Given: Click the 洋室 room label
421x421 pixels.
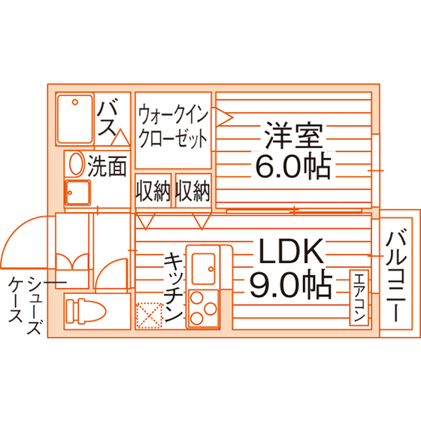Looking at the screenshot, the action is pyautogui.click(x=293, y=135).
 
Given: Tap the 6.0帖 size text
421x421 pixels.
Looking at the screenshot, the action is pyautogui.click(x=293, y=166).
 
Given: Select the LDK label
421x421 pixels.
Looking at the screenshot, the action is pyautogui.click(x=291, y=251).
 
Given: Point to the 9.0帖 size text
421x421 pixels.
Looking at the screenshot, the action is pyautogui.click(x=292, y=284).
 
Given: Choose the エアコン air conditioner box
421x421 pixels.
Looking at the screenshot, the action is pyautogui.click(x=359, y=298).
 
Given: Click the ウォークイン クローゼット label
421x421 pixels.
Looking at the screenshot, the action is pyautogui.click(x=173, y=126).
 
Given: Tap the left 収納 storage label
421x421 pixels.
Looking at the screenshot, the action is pyautogui.click(x=153, y=191).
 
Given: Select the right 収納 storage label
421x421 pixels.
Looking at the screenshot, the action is pyautogui.click(x=192, y=191).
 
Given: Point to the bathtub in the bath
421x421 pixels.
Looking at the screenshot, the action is pyautogui.click(x=75, y=119).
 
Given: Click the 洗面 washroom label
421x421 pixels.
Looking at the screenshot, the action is pyautogui.click(x=107, y=166).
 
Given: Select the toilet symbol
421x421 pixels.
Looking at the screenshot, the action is pyautogui.click(x=86, y=311).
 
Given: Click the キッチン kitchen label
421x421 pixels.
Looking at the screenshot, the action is pyautogui.click(x=173, y=287).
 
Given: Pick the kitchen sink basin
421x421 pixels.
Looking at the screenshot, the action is pyautogui.click(x=204, y=268).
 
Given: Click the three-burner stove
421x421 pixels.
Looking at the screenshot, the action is pyautogui.click(x=204, y=308).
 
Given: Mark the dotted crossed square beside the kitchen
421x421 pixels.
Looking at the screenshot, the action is pyautogui.click(x=149, y=316).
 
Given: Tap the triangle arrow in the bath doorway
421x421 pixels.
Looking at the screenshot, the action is pyautogui.click(x=120, y=138).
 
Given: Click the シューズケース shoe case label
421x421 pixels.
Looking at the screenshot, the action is pyautogui.click(x=26, y=304).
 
